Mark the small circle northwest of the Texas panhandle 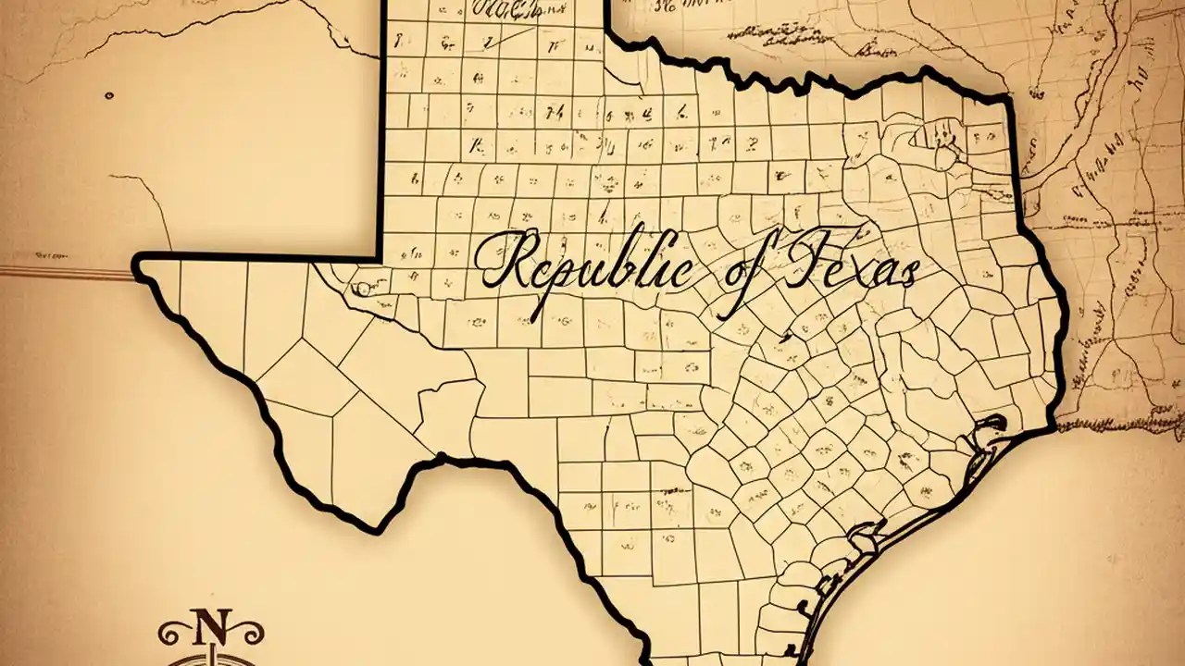pyautogui.click(x=110, y=93)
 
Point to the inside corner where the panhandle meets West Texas pyautogui.click(x=380, y=256)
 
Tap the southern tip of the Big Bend pyautogui.click(x=378, y=528)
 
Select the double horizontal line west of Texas pyautogui.click(x=65, y=271)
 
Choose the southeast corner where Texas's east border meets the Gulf pyautogui.click(x=1054, y=427)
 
